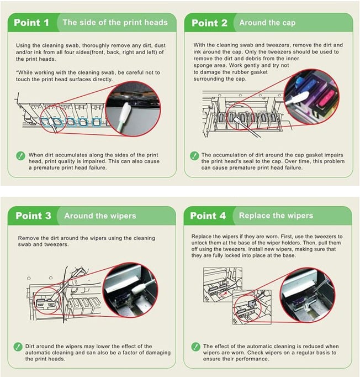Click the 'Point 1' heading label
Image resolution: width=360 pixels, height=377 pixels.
tap(31, 23)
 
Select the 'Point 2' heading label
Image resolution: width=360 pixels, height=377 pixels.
tap(209, 23)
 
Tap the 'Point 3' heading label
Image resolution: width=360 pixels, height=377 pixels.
tap(33, 216)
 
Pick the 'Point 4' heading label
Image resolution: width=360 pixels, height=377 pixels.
tap(208, 216)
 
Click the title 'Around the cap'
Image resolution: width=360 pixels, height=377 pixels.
tap(267, 23)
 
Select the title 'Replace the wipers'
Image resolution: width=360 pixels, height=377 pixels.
tap(276, 216)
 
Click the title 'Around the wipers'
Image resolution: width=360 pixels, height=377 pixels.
tap(100, 216)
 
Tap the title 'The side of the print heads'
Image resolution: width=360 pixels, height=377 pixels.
tap(115, 22)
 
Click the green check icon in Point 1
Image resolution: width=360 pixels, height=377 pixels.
tap(20, 156)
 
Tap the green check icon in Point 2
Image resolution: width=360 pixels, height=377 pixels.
tap(194, 156)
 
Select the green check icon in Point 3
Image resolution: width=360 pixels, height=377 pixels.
tap(18, 347)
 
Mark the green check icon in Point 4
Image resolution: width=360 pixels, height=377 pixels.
tap(195, 347)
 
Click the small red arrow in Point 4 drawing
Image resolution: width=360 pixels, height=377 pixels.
tap(223, 294)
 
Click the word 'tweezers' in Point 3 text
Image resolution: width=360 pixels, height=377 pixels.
tap(55, 244)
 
